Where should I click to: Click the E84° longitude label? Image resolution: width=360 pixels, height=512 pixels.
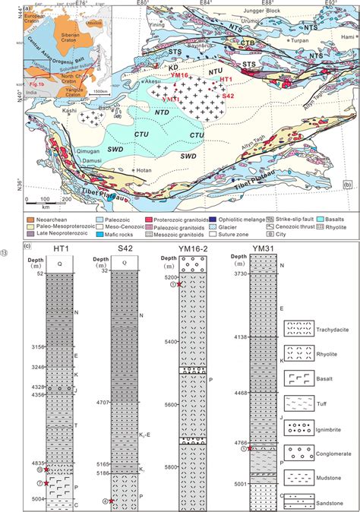point(204,5)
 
